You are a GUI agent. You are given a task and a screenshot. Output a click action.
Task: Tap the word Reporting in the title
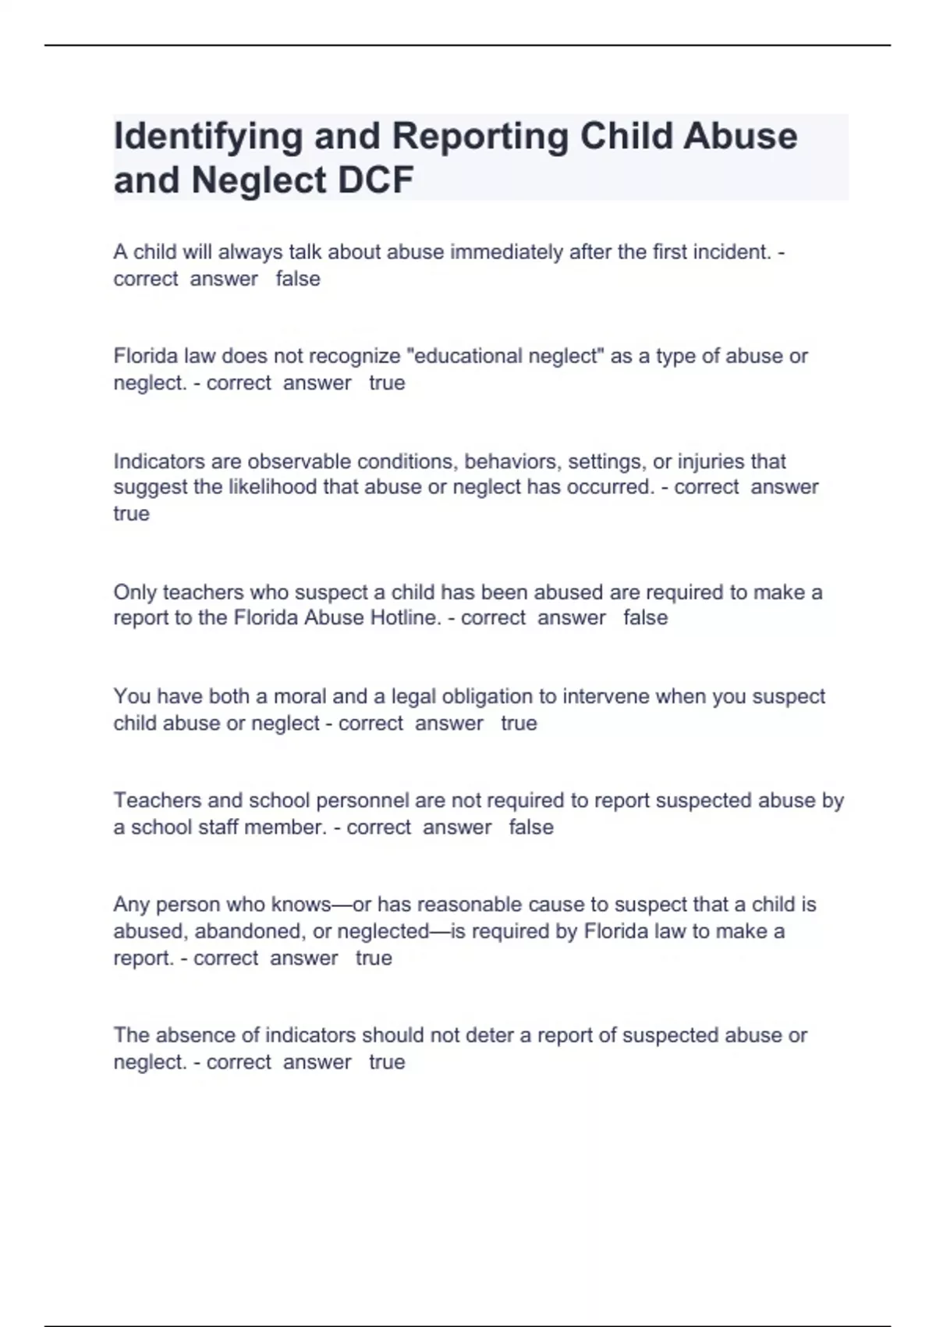480,137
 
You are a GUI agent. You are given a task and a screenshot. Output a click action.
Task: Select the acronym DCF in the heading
376,180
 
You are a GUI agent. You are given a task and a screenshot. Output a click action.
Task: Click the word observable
296,461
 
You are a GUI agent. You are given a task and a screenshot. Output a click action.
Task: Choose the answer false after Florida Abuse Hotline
645,617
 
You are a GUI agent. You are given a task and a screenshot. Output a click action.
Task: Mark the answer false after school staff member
530,827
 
